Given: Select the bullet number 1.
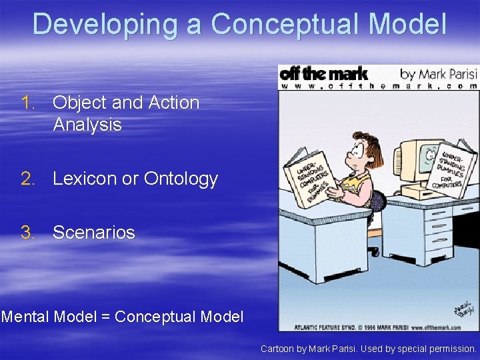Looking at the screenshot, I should pos(27,103).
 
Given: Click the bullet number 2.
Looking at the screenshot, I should pos(27,179).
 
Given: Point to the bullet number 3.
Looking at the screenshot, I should pos(27,233).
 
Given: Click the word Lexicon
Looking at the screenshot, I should pos(85,179).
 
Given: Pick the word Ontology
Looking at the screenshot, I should pos(181,179).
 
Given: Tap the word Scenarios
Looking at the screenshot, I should pos(93,233).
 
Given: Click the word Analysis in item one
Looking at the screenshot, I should pos(87,125).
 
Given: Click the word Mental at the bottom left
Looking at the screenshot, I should pos(25,317).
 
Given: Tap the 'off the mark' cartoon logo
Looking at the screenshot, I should pos(323,73).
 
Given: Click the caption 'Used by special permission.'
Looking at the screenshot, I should pos(422,349).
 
